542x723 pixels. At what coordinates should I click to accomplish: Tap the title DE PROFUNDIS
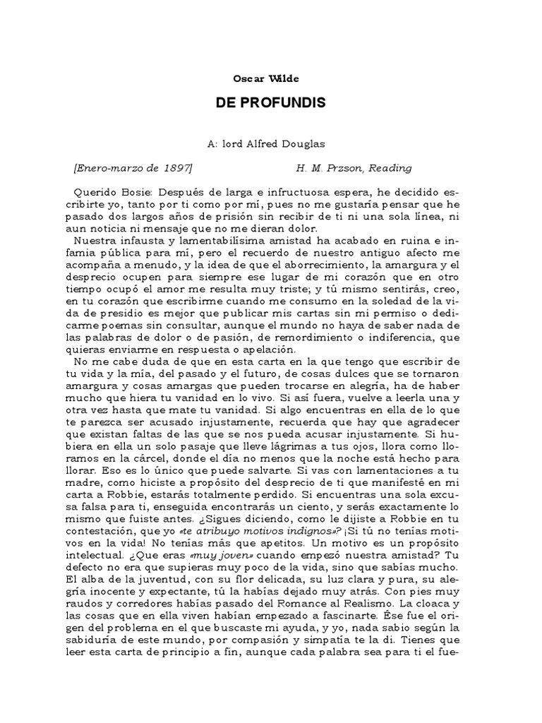[271, 103]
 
